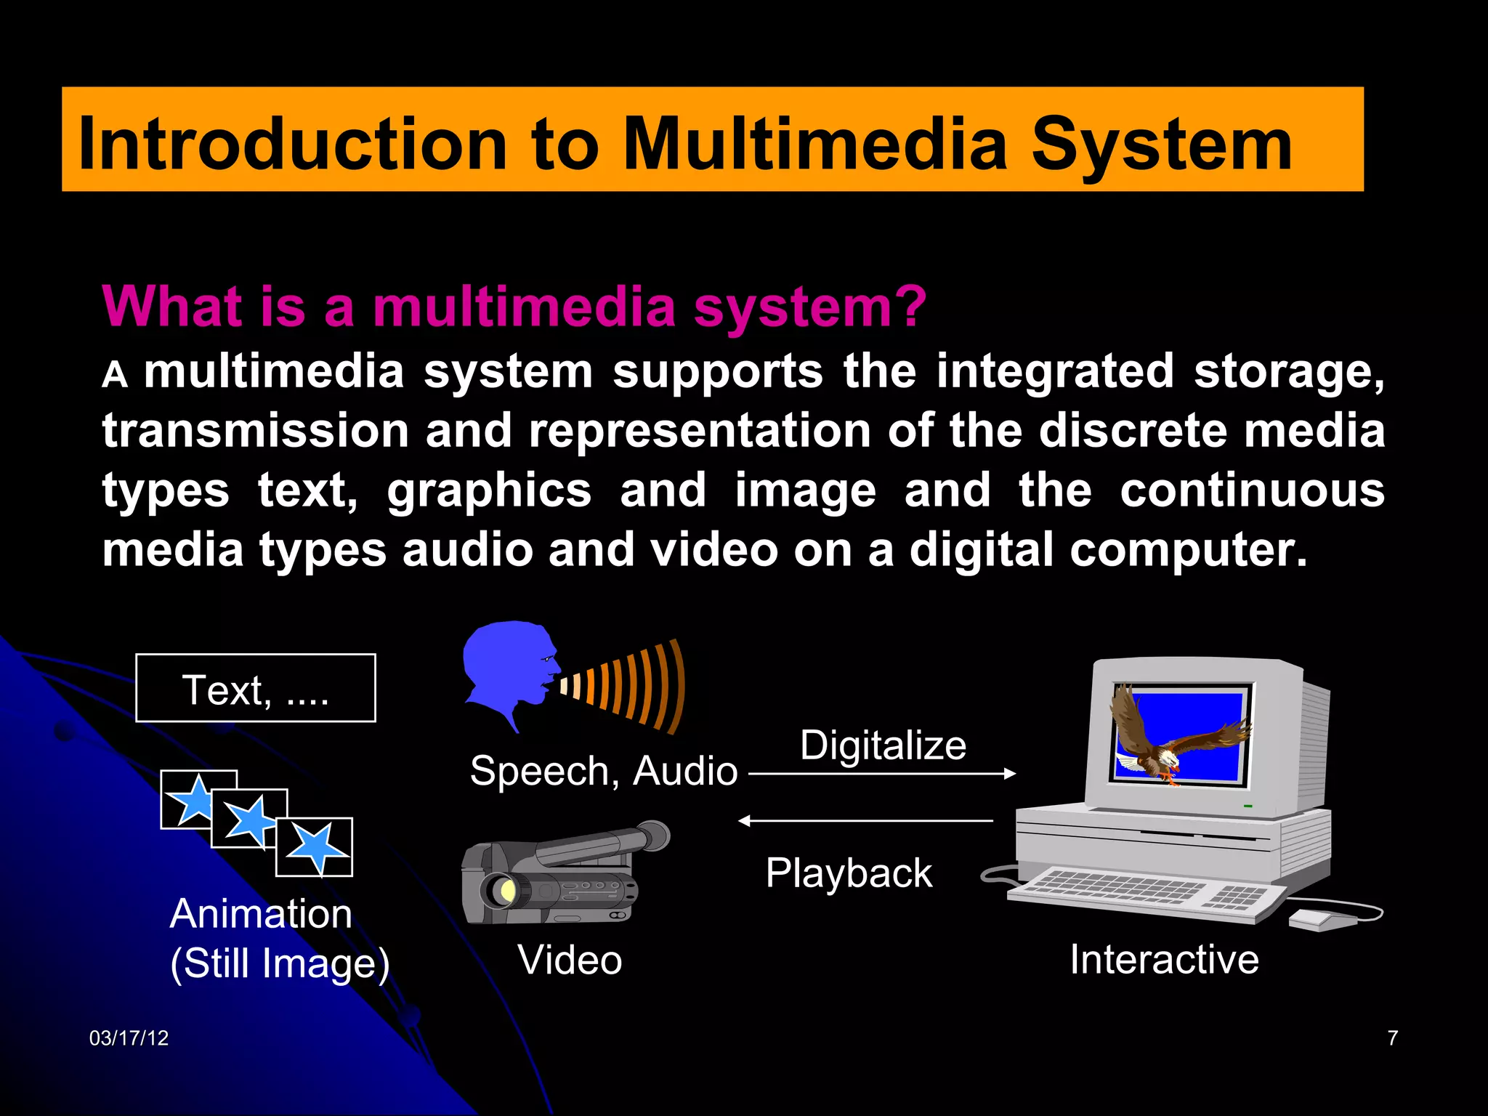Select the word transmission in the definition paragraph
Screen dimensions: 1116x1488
[256, 431]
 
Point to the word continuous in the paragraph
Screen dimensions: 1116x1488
[1252, 490]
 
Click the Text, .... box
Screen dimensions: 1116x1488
[256, 688]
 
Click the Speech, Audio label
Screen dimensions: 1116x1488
[603, 771]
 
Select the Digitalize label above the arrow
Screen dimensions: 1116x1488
[883, 745]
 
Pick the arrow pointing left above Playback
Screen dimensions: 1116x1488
[865, 821]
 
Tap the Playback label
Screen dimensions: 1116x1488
[848, 873]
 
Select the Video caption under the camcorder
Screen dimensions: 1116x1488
[570, 960]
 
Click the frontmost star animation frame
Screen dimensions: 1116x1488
[315, 847]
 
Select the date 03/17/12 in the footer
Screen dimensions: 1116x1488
[129, 1038]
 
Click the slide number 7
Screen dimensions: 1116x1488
[1392, 1038]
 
